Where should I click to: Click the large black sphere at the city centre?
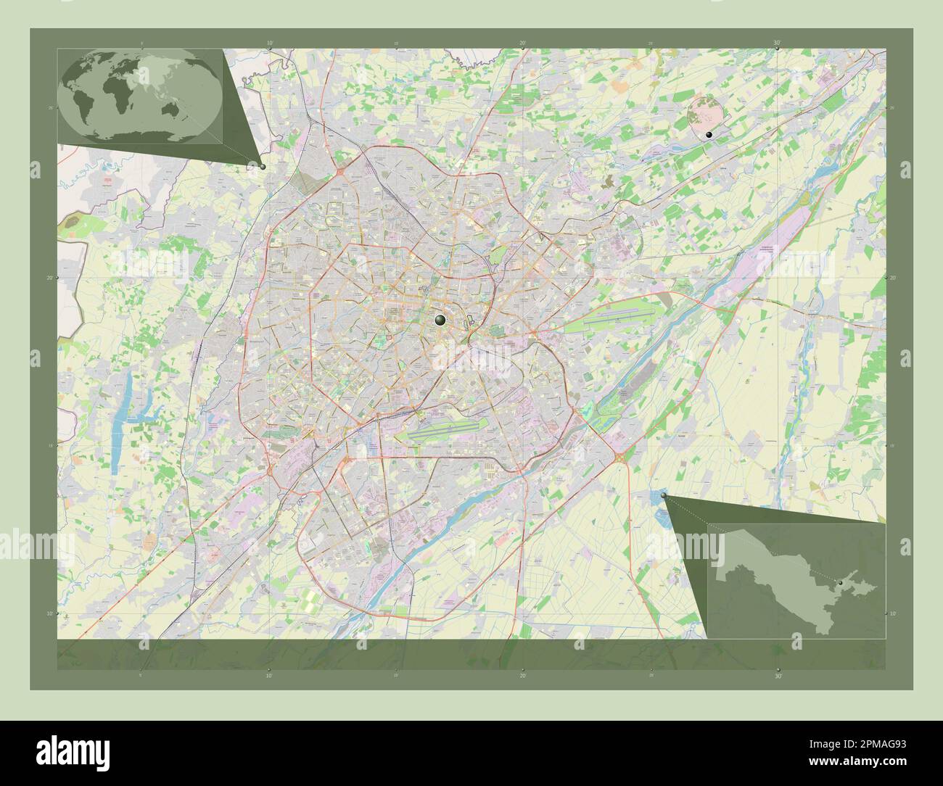coord(440,320)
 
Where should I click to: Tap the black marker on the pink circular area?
coord(709,135)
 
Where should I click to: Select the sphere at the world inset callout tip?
coord(262,166)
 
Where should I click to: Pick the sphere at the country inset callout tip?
coord(664,495)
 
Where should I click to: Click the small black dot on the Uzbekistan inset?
coord(840,583)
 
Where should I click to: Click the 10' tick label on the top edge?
coord(269,43)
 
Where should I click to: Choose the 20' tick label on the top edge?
coord(522,43)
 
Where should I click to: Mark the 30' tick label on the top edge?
coord(777,43)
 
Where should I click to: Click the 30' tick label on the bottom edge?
coord(778,675)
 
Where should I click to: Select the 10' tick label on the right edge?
coord(893,613)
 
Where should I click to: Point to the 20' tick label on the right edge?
coord(893,277)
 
